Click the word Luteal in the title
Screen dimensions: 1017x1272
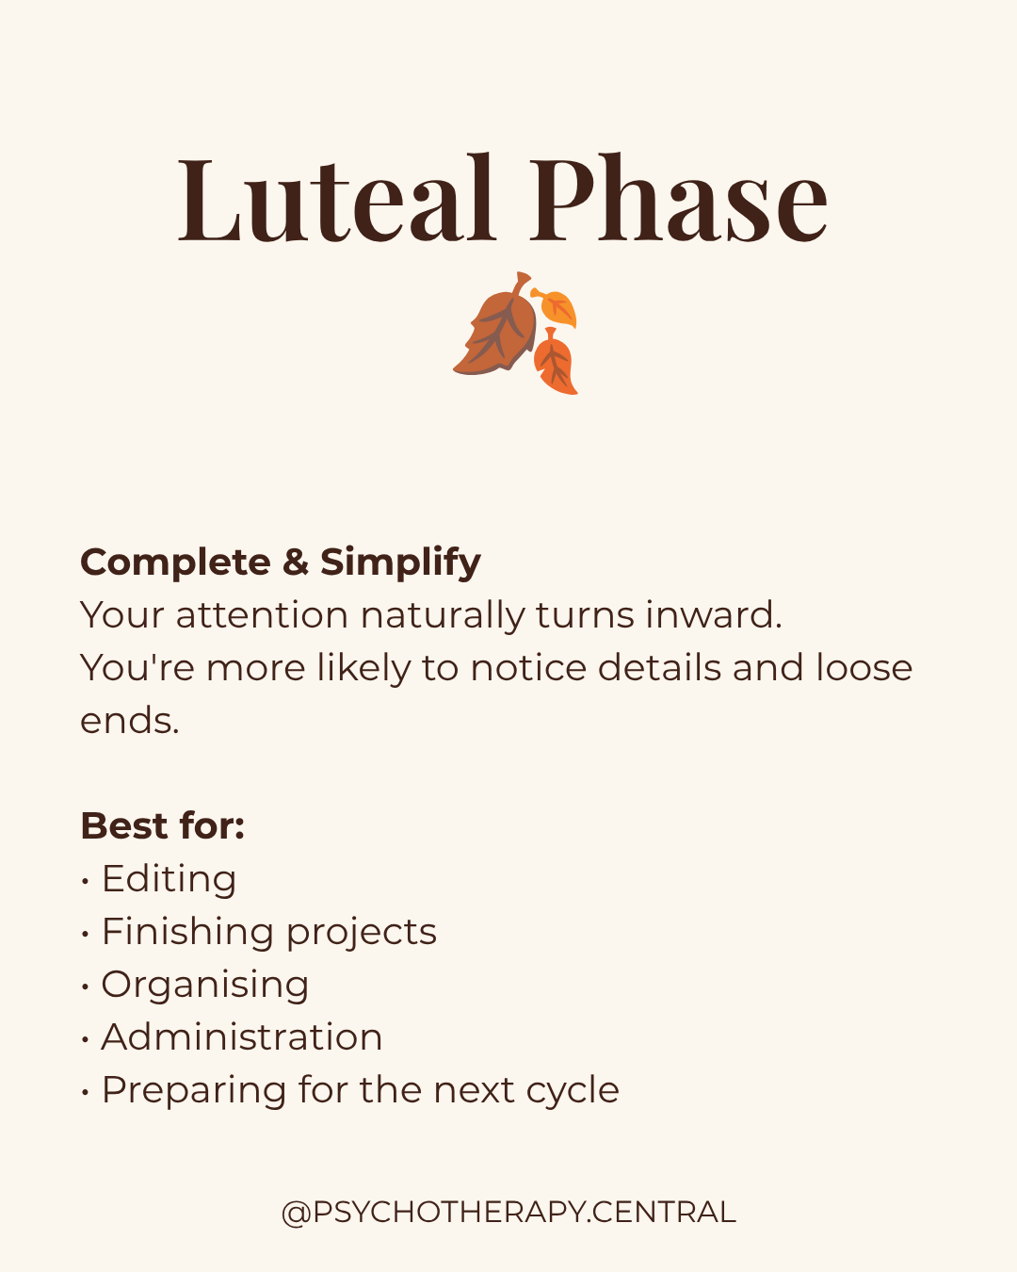(336, 198)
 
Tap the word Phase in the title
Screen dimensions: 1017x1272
(678, 198)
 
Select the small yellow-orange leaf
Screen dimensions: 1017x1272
(555, 307)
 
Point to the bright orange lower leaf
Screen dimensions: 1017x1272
(555, 362)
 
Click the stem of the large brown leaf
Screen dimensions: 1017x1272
(520, 283)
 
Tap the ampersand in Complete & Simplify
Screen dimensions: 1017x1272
(296, 562)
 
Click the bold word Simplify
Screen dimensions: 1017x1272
(400, 563)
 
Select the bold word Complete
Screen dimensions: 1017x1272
(175, 563)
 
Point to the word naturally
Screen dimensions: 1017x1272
(442, 616)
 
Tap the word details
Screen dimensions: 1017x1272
(659, 668)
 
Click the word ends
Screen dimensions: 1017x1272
(129, 721)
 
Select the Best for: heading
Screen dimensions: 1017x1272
(163, 825)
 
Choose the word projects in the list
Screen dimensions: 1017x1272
(362, 933)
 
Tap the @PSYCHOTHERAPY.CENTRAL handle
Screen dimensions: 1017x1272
(508, 1213)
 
